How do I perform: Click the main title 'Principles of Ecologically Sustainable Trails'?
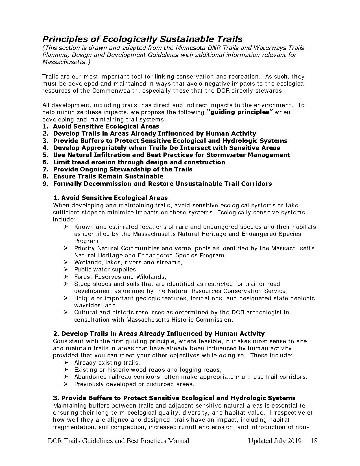pos(142,39)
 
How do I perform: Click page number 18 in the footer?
pos(314,441)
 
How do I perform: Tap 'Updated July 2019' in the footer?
pos(274,441)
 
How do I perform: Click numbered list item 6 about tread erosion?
pos(139,162)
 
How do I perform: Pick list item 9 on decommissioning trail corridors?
pos(162,184)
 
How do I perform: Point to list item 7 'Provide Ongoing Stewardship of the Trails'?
pos(123,169)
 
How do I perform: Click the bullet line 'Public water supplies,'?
pos(106,269)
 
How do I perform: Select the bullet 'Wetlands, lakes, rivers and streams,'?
pos(128,262)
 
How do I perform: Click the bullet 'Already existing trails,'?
pos(107,362)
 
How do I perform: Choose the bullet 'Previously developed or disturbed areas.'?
pos(134,384)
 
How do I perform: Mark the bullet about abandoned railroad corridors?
pos(191,377)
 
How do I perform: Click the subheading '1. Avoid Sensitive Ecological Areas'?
pos(110,198)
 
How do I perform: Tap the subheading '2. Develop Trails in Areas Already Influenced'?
pos(159,334)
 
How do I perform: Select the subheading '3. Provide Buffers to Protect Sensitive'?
pos(174,398)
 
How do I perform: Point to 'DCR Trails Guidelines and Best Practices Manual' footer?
pos(119,441)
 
